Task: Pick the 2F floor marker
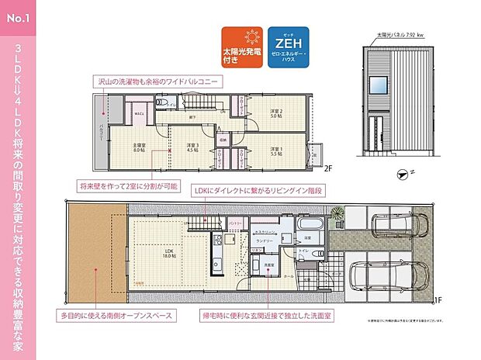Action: tap(328, 168)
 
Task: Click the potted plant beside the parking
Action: tap(336, 213)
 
